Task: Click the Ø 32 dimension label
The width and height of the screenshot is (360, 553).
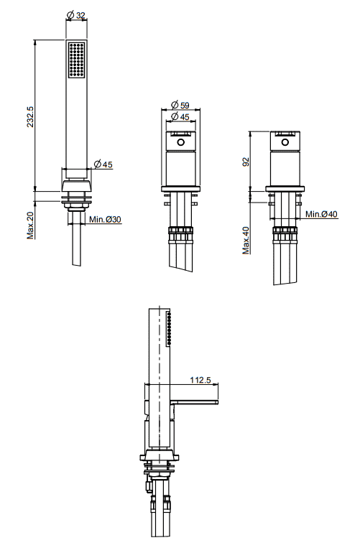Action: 76,15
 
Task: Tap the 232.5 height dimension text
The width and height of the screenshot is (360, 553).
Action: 30,116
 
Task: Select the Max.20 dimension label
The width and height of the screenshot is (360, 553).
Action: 31,226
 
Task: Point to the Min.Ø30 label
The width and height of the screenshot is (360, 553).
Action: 105,219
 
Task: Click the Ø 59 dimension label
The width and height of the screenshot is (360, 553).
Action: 180,105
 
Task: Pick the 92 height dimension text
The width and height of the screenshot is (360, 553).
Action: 246,162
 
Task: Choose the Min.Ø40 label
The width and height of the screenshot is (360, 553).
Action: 321,214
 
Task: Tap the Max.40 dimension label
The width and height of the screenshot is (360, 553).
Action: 246,240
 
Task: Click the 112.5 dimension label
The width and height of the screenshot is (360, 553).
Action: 200,380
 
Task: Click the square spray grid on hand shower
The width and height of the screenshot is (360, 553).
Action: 76,60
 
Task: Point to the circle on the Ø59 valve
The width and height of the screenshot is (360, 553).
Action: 180,143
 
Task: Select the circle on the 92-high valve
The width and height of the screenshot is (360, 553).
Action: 285,142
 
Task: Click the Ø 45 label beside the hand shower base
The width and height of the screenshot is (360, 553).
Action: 103,164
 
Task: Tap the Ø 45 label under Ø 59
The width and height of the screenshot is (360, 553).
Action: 180,116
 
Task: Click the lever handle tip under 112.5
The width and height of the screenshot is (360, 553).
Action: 217,401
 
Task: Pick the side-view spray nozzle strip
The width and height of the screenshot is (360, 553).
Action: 169,327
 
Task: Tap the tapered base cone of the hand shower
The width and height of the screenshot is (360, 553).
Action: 76,186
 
